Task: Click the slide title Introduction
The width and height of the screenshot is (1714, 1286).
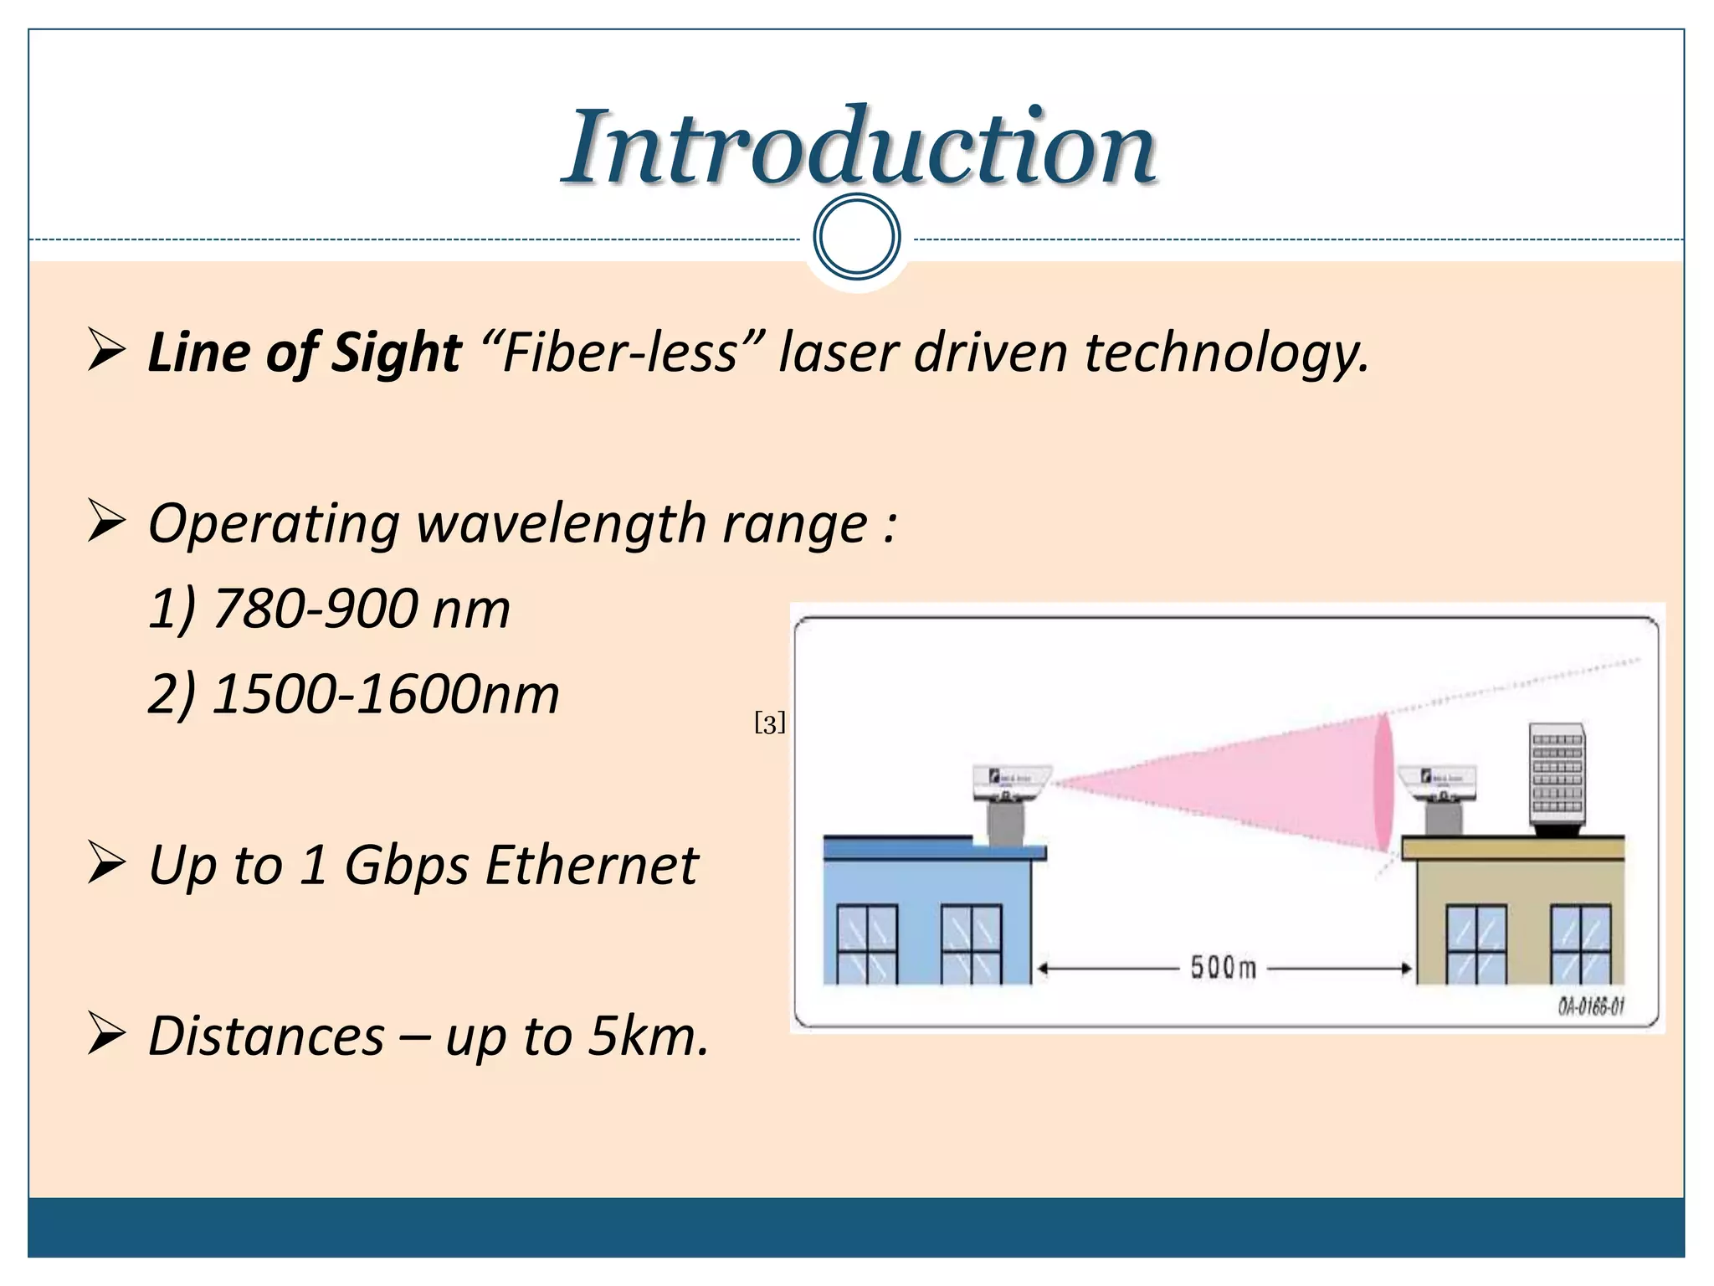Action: click(859, 148)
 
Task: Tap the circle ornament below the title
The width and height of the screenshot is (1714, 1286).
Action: click(856, 237)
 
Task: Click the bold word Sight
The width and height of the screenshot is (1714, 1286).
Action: click(396, 352)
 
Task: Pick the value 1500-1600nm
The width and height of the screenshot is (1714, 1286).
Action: click(385, 695)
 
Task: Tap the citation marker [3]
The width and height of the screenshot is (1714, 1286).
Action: click(770, 723)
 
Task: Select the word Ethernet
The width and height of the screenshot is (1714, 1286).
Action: click(591, 865)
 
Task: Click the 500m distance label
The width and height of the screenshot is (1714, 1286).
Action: click(1223, 968)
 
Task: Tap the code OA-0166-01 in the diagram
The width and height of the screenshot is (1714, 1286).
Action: click(1590, 1006)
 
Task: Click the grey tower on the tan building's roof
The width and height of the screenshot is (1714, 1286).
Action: click(1557, 774)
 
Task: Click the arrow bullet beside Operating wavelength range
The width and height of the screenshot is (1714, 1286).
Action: click(106, 522)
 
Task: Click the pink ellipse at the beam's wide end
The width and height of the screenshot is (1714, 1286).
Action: click(1383, 783)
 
